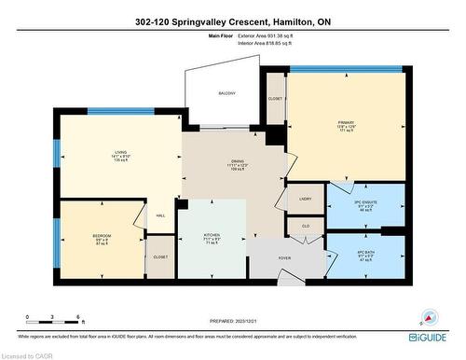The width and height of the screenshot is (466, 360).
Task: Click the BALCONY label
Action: [x=226, y=93]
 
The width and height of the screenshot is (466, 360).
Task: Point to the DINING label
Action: [x=238, y=161]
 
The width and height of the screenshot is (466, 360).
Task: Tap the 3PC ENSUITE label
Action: [x=364, y=202]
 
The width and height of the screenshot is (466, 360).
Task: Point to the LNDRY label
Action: [x=305, y=199]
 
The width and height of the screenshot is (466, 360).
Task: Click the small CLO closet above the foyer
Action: [x=305, y=225]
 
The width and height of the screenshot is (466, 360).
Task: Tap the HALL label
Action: [x=160, y=215]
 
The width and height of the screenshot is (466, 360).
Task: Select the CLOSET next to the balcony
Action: [x=275, y=98]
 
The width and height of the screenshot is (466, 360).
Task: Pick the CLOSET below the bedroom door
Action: [x=160, y=256]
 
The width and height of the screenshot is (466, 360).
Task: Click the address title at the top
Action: [x=232, y=21]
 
